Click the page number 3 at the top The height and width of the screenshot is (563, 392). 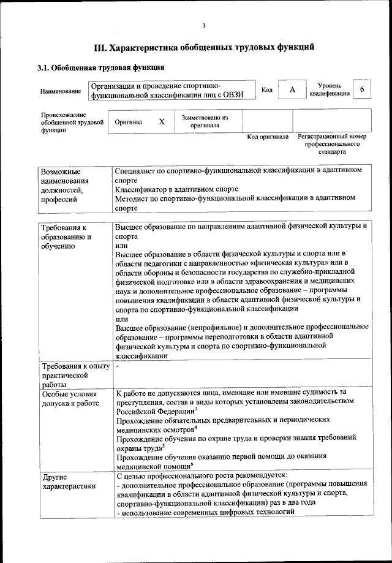[203, 25]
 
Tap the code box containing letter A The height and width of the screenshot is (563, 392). [292, 90]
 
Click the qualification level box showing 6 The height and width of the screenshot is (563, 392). [362, 90]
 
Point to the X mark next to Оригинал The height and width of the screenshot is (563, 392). [162, 122]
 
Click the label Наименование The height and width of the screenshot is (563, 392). [61, 91]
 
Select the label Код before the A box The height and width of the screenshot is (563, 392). [267, 90]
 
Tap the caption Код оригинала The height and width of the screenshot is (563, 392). [268, 137]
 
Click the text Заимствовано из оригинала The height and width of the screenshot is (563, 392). [205, 121]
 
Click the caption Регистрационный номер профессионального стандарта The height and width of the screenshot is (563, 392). [332, 143]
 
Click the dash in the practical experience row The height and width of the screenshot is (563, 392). [117, 366]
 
